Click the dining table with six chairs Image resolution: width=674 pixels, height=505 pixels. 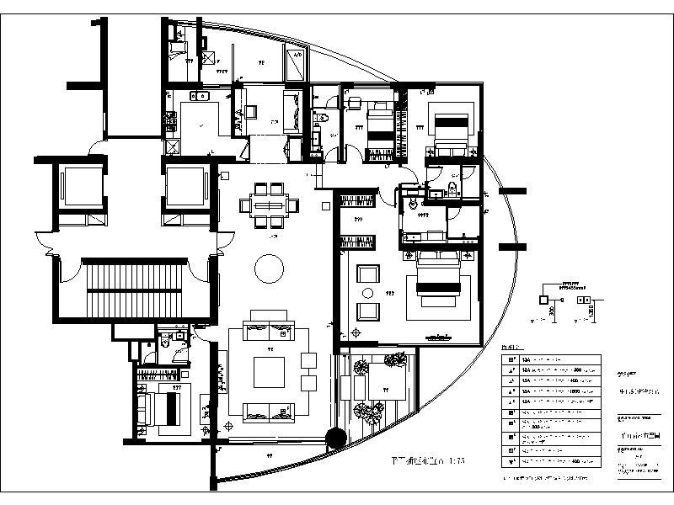coord(269,205)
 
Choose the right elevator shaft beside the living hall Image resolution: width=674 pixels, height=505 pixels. coord(185,187)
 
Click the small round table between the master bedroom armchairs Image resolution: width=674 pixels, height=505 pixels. coord(367,292)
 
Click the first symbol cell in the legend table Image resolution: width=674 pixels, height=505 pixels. coord(511,360)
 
